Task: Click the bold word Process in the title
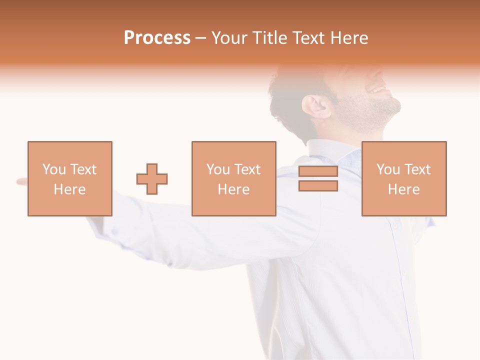pyautogui.click(x=157, y=38)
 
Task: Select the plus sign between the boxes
pyautogui.click(x=152, y=178)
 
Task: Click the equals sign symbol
pyautogui.click(x=318, y=178)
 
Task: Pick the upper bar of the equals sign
pyautogui.click(x=318, y=171)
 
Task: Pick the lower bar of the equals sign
pyautogui.click(x=318, y=186)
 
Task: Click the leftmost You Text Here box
pyautogui.click(x=70, y=178)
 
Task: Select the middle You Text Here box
pyautogui.click(x=233, y=178)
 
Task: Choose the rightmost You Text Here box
pyautogui.click(x=404, y=178)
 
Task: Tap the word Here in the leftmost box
pyautogui.click(x=69, y=189)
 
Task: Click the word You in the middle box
pyautogui.click(x=218, y=169)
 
